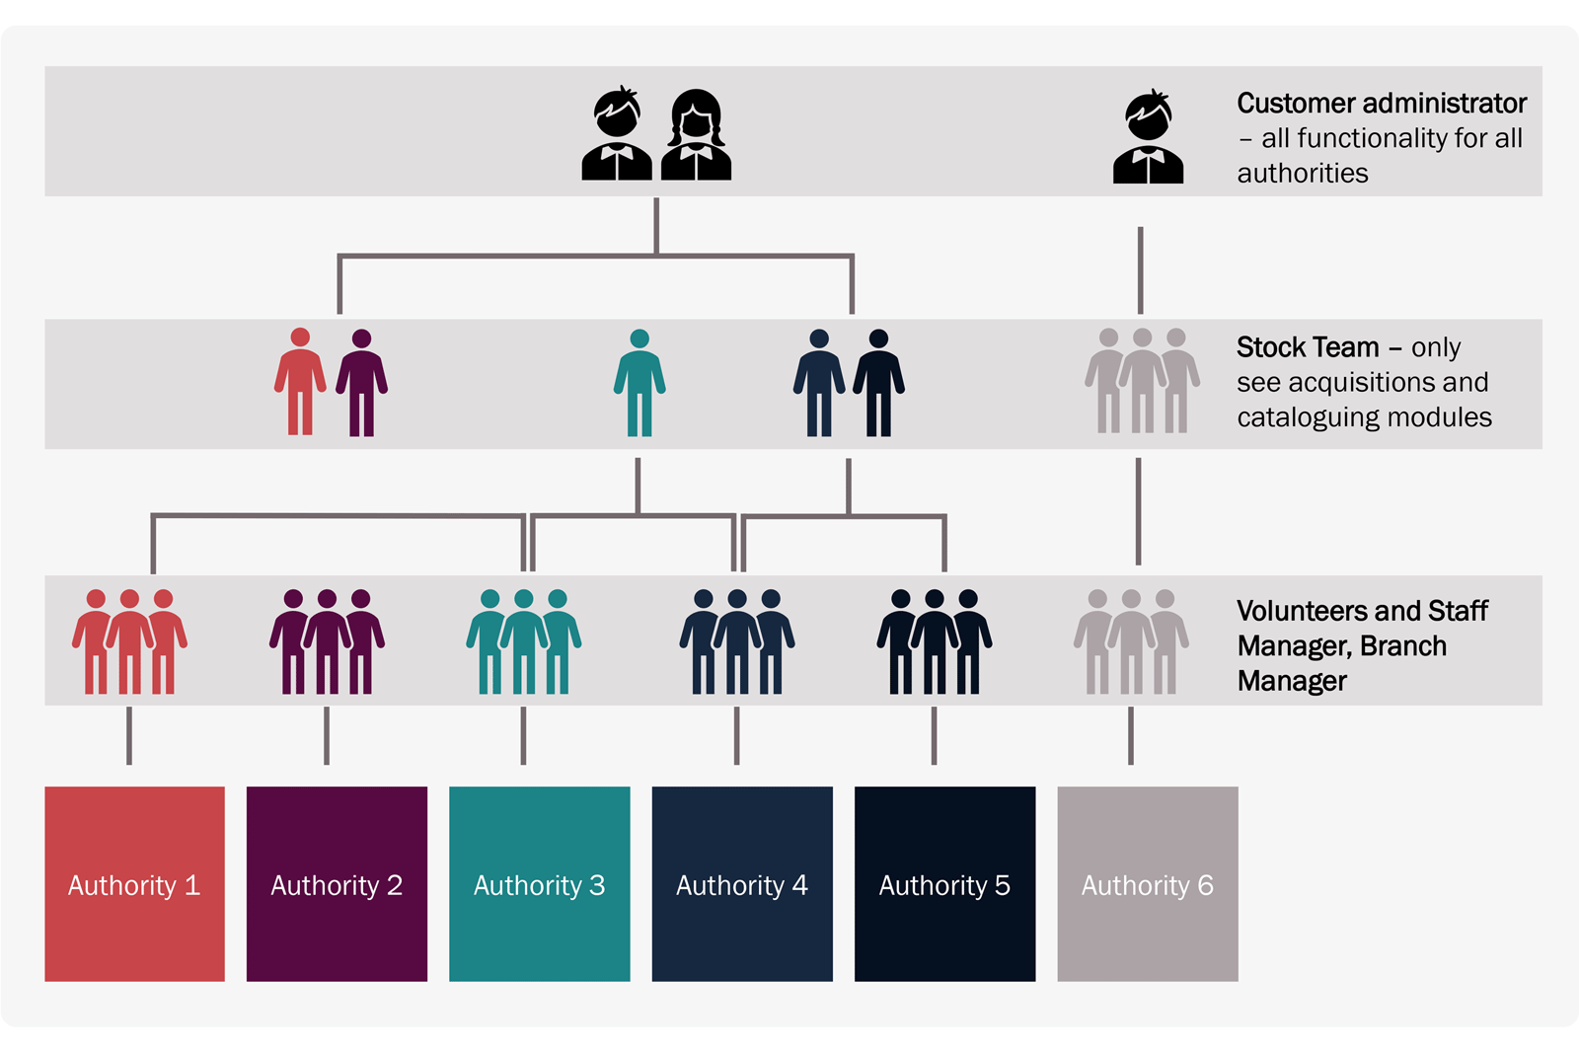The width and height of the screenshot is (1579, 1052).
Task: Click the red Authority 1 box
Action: click(x=134, y=883)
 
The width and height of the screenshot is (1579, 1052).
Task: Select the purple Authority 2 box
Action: click(x=337, y=883)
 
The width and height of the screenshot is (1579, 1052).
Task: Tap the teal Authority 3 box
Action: click(x=539, y=883)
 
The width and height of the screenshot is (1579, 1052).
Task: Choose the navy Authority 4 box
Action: click(x=742, y=883)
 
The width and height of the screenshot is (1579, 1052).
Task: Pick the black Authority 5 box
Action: click(x=944, y=883)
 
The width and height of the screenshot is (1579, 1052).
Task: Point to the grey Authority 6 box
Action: click(x=1147, y=883)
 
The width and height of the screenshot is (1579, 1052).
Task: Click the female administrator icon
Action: click(x=696, y=134)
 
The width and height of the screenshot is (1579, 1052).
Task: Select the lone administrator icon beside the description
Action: click(x=1148, y=137)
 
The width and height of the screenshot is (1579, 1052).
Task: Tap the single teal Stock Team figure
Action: click(x=639, y=383)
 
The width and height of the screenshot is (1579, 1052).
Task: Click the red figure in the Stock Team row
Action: click(x=300, y=383)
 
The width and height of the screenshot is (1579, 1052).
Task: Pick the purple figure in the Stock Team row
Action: click(x=361, y=383)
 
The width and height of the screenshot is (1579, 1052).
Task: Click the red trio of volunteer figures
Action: click(x=129, y=641)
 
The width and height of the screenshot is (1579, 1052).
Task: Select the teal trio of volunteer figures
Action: click(x=524, y=641)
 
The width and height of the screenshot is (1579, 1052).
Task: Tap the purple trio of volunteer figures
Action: click(x=327, y=641)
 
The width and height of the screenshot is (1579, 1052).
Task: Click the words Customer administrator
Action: click(x=1381, y=104)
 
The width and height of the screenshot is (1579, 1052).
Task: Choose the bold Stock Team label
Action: click(x=1308, y=347)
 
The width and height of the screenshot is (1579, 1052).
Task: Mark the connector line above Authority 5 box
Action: click(x=934, y=735)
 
